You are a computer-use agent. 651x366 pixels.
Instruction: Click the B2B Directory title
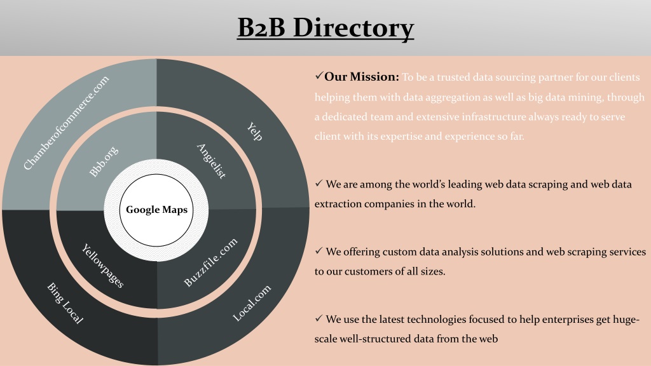pyautogui.click(x=325, y=28)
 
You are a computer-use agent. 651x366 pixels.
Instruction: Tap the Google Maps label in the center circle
pyautogui.click(x=156, y=210)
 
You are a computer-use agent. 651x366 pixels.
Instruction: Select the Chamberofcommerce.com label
pyautogui.click(x=66, y=123)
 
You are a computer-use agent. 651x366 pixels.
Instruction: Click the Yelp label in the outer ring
pyautogui.click(x=254, y=132)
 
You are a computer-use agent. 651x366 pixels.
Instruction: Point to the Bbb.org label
pyautogui.click(x=104, y=161)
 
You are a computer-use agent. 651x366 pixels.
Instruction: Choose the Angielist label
pyautogui.click(x=211, y=161)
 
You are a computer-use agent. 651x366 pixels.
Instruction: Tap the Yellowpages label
pyautogui.click(x=102, y=266)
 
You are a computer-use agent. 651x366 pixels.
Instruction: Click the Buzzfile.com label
pyautogui.click(x=211, y=262)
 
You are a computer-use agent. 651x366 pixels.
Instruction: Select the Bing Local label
pyautogui.click(x=65, y=303)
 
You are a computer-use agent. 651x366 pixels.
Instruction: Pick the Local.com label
pyautogui.click(x=252, y=303)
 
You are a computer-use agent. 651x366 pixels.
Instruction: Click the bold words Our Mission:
pyautogui.click(x=362, y=77)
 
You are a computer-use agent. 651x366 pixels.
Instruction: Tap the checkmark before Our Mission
pyautogui.click(x=319, y=76)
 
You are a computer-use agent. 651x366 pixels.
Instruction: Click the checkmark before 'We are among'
pyautogui.click(x=319, y=183)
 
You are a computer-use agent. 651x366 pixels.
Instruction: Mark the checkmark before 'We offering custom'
pyautogui.click(x=319, y=250)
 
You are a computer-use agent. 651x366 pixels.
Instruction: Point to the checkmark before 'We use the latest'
pyautogui.click(x=319, y=318)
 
